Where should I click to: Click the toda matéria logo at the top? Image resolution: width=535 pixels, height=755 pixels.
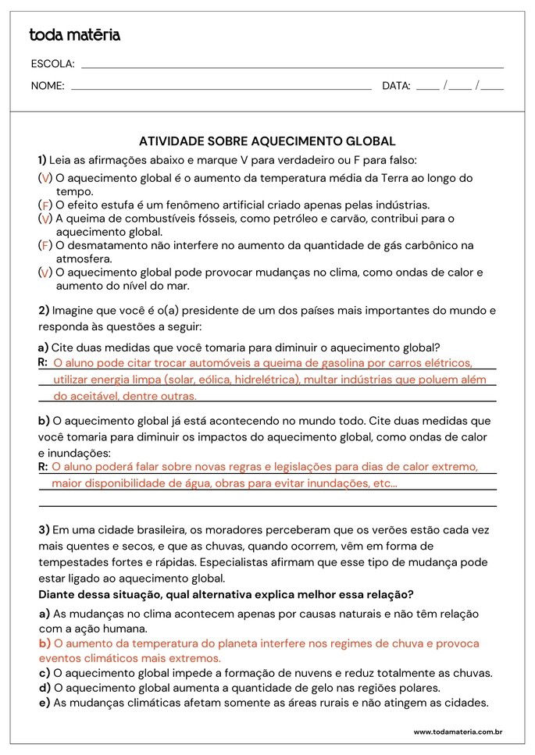coord(74,35)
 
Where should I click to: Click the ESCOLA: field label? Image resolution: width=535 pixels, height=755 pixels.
coord(52,64)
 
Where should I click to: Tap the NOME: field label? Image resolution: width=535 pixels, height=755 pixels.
coord(48,86)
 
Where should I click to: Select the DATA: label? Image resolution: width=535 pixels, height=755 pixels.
coord(396,86)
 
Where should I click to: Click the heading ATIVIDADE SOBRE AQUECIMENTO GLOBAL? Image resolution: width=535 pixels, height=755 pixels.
coord(267,141)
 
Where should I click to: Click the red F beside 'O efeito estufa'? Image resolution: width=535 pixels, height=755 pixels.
coord(45,205)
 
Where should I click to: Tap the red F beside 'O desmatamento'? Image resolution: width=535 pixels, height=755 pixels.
coord(45,246)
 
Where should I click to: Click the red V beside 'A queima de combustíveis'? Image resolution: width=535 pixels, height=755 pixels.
coord(45,219)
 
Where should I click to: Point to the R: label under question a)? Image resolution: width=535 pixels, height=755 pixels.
coord(43,362)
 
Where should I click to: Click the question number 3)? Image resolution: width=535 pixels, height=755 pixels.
coord(44,530)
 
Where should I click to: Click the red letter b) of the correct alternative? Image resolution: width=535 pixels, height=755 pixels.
coord(44,644)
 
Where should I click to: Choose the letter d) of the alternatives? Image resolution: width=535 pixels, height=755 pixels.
coord(44,688)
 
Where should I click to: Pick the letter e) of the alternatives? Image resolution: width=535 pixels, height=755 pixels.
coord(44,703)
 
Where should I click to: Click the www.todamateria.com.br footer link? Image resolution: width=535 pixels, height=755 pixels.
coord(457,732)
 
